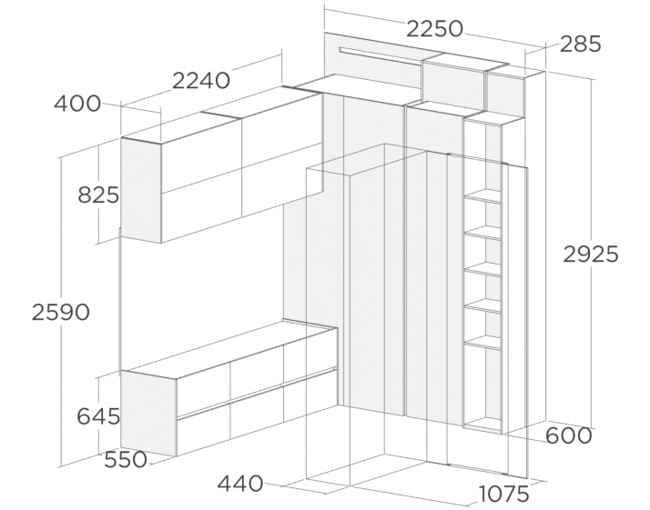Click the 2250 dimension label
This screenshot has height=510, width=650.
pyautogui.click(x=434, y=29)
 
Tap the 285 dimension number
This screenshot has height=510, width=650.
pyautogui.click(x=580, y=44)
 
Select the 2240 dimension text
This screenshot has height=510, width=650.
pyautogui.click(x=200, y=81)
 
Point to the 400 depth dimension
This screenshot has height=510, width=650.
pyautogui.click(x=77, y=104)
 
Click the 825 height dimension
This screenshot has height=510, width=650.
pyautogui.click(x=98, y=195)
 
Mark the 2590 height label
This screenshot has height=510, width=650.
pyautogui.click(x=60, y=312)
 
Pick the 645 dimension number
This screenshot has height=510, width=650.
pyautogui.click(x=98, y=416)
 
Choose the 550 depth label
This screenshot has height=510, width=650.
pyautogui.click(x=126, y=459)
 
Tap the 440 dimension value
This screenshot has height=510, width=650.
pyautogui.click(x=240, y=484)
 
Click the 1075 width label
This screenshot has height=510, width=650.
pyautogui.click(x=503, y=494)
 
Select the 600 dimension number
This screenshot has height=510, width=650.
pyautogui.click(x=568, y=435)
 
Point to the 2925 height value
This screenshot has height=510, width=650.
pyautogui.click(x=590, y=255)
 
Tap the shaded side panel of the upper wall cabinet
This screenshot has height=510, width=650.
pyautogui.click(x=141, y=191)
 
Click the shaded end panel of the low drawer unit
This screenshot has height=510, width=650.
pyautogui.click(x=148, y=413)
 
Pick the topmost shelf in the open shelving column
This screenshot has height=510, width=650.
pyautogui.click(x=482, y=196)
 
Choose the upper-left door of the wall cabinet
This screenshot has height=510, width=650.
pyautogui.click(x=201, y=156)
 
